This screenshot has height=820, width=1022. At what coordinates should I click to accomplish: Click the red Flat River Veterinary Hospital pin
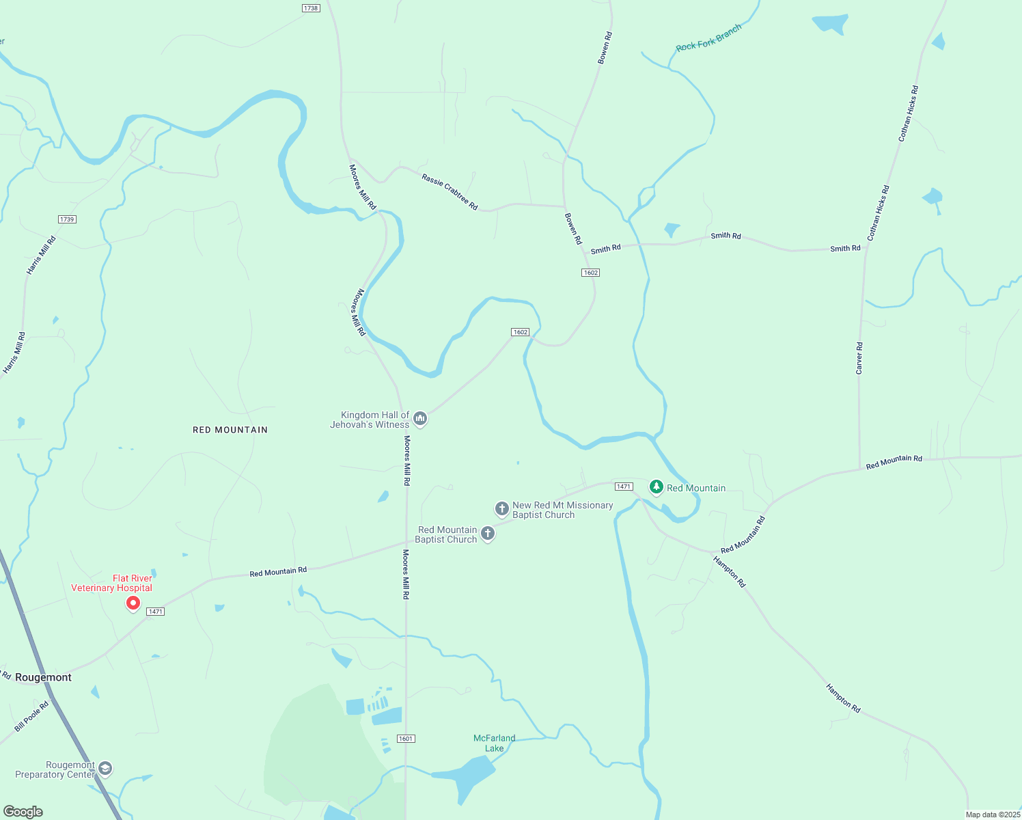click(133, 603)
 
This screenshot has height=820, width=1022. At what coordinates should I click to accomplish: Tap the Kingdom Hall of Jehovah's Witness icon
click(420, 418)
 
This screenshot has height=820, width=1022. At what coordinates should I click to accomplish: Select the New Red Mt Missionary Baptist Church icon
click(501, 508)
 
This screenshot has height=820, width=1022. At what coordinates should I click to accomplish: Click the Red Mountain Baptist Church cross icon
click(487, 533)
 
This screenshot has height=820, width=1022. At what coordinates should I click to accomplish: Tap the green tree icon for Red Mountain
click(656, 487)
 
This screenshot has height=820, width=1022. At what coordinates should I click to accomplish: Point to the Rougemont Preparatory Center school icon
click(105, 768)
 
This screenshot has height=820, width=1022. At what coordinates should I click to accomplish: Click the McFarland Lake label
click(494, 743)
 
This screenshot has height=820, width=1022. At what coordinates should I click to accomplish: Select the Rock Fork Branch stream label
click(708, 38)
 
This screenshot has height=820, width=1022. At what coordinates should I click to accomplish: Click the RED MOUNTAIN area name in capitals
click(230, 430)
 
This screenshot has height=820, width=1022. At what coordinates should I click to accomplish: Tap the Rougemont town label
click(43, 677)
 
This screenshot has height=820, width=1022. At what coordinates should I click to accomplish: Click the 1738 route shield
click(310, 8)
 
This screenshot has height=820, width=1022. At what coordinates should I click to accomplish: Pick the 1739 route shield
click(67, 219)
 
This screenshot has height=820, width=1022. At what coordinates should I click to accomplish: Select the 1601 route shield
click(406, 739)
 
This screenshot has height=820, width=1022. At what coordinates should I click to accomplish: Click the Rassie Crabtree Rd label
click(450, 191)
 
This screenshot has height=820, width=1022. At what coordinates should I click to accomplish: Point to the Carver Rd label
click(859, 358)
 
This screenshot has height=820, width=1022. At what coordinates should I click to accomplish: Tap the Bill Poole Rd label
click(31, 716)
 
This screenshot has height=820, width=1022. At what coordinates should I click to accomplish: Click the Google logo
click(23, 812)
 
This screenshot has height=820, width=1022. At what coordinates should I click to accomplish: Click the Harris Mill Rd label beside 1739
click(41, 256)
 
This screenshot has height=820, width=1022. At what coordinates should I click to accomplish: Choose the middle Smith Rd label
click(726, 236)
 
